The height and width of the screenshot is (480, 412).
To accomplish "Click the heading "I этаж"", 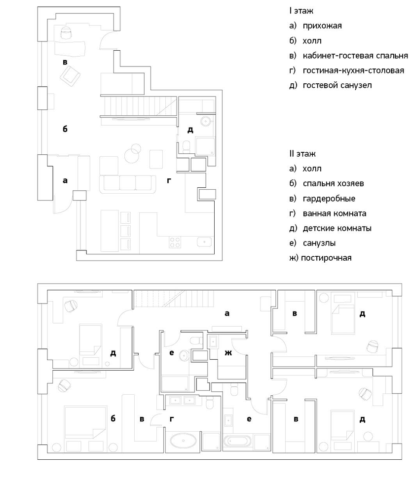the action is (x=301, y=11).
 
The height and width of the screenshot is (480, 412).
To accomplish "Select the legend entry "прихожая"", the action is (x=322, y=26).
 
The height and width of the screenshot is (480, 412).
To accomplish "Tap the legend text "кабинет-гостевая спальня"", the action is (x=355, y=56).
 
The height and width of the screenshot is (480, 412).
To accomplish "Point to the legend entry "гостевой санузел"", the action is (x=337, y=85).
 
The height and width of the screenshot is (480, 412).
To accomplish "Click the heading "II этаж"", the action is (x=302, y=154).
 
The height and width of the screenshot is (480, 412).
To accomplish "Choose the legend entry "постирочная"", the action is (x=326, y=258).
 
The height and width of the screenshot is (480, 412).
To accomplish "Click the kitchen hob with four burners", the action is (x=175, y=242).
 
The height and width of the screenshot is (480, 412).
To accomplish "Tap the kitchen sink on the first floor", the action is (x=204, y=242).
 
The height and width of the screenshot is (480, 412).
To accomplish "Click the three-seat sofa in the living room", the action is (x=128, y=184).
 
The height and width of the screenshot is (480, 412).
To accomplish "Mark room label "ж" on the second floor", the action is (x=228, y=353).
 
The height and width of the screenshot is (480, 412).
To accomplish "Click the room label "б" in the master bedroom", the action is (x=113, y=418).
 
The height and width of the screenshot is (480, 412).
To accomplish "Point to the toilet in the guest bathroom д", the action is (x=186, y=147).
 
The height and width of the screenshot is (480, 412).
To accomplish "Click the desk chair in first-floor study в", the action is (x=66, y=33).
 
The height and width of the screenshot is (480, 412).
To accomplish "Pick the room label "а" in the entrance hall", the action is (x=65, y=180).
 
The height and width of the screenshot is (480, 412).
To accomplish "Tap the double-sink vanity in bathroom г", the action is (x=183, y=400).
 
